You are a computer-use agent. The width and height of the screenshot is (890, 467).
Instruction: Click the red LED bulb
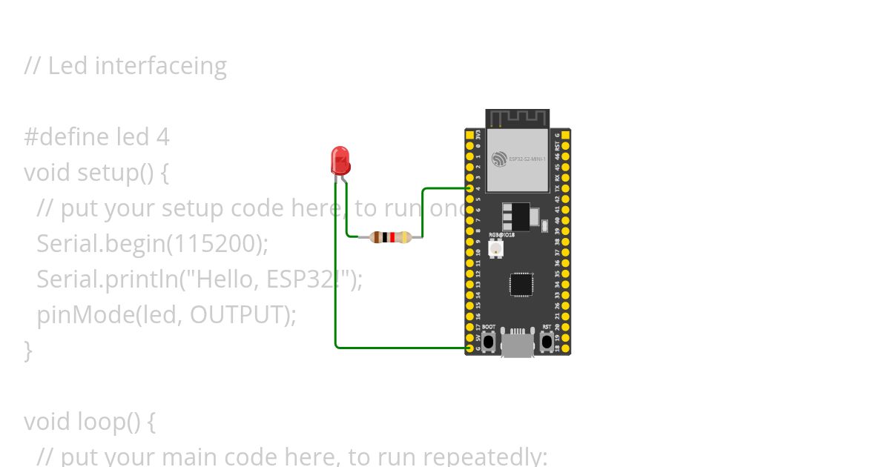coord(340,160)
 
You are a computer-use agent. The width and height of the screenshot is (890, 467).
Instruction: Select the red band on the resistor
coord(392,237)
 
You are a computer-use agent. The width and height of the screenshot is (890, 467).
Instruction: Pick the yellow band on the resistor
coord(404,237)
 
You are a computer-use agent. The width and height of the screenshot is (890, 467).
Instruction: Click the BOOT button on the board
coord(489,342)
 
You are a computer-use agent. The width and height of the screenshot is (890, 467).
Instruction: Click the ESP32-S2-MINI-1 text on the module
coord(527,159)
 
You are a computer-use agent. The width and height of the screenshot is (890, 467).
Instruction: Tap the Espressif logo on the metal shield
coord(499,159)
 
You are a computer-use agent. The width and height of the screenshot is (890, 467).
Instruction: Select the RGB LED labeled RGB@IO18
coord(496,248)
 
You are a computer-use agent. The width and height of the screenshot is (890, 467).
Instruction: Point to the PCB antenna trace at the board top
coord(518,118)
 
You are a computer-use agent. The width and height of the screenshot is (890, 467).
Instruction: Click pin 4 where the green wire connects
coord(469,189)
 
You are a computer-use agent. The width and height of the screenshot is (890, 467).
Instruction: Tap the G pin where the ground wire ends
coord(469,348)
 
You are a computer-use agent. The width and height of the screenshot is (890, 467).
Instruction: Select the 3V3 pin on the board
coord(469,136)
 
